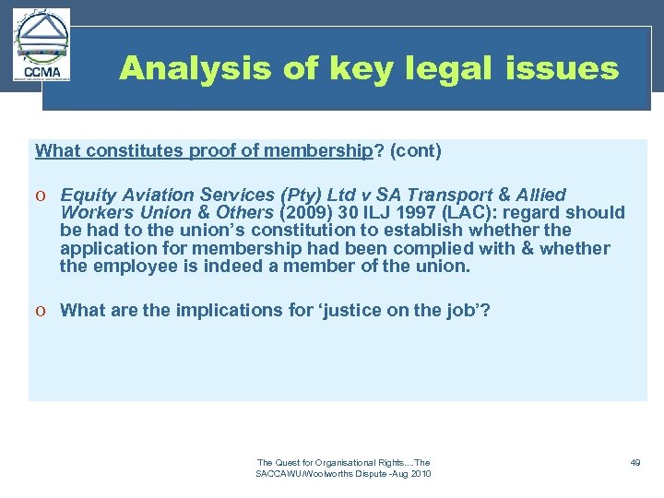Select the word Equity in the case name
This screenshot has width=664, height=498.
click(88, 195)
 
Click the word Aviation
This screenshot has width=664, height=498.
click(156, 195)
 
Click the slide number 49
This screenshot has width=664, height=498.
click(634, 462)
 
